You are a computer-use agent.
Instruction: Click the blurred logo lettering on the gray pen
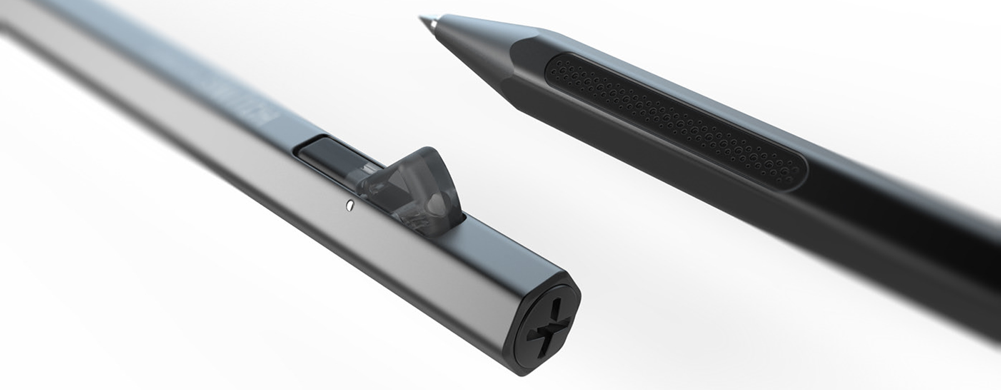(x=250, y=106)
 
